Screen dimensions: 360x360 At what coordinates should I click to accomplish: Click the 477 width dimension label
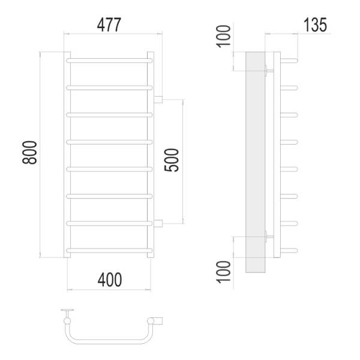point(109,25)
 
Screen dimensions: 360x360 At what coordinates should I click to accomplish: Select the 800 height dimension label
point(29,152)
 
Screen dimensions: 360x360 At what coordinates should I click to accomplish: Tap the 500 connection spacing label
point(172,160)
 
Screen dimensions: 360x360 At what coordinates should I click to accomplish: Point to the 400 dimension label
point(110,280)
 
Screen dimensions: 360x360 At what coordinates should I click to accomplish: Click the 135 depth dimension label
point(315,25)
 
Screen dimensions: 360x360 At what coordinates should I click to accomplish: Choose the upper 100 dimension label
point(223,36)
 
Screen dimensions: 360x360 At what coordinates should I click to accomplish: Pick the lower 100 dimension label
point(223,272)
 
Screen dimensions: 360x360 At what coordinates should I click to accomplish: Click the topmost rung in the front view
point(109,61)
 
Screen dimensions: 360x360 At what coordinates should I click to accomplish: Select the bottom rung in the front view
point(109,250)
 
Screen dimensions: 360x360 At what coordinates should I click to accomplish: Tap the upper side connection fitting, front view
point(158,100)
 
